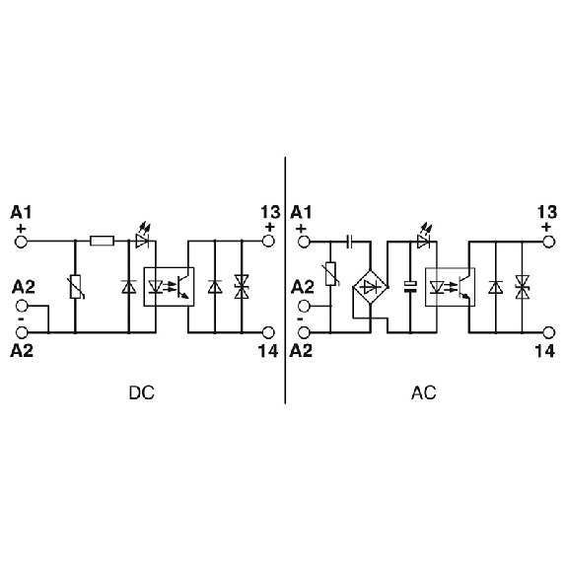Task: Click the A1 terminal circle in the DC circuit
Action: point(21,242)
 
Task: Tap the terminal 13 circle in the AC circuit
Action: point(548,242)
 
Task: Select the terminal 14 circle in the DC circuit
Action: point(268,332)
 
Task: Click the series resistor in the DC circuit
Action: point(102,241)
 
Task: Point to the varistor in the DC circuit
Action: point(76,287)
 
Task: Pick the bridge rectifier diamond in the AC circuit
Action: point(371,288)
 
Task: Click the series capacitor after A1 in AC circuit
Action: point(349,242)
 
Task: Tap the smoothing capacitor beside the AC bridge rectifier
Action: point(410,287)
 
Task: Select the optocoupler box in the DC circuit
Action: point(169,287)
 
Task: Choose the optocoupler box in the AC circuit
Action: point(450,287)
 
